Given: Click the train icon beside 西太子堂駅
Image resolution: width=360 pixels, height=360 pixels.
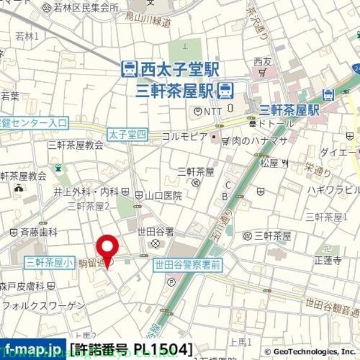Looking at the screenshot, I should point(128,70).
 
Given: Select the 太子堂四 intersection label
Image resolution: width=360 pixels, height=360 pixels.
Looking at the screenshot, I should point(127,135).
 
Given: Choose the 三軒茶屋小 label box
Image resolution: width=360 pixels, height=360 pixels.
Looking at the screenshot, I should point(50,262).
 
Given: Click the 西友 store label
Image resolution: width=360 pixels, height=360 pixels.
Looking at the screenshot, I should point(263,61).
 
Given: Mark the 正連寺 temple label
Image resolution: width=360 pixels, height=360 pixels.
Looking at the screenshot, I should point(328,260).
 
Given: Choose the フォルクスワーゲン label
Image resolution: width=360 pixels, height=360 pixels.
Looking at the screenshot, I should point(43,306).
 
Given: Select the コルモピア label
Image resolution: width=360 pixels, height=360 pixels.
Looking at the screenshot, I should point(185,137).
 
